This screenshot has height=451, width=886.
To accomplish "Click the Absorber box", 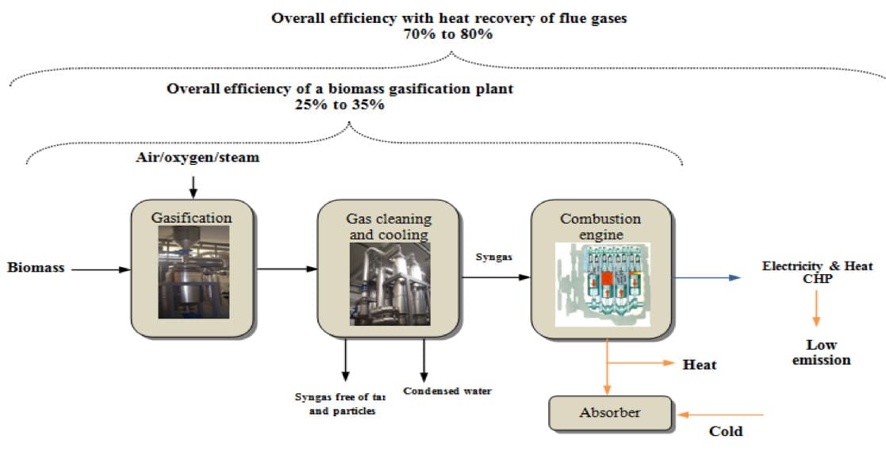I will click(x=609, y=413).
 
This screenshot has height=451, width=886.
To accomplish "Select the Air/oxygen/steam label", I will click(x=197, y=158).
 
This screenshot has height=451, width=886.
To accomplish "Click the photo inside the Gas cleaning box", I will click(x=389, y=283).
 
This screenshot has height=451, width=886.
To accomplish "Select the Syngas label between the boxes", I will click(x=493, y=258).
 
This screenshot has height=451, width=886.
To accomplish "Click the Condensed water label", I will click(x=447, y=391).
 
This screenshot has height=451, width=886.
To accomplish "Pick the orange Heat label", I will click(x=699, y=365).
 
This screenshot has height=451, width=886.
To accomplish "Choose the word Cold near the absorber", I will click(x=725, y=431).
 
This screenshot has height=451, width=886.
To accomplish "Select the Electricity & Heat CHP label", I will click(x=817, y=272).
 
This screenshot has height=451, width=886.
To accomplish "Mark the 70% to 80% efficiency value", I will click(x=448, y=34).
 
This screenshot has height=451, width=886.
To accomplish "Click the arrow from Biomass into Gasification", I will click(x=98, y=269).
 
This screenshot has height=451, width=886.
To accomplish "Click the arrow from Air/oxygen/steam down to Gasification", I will click(x=193, y=187).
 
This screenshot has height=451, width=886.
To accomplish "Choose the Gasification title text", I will click(x=193, y=217).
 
